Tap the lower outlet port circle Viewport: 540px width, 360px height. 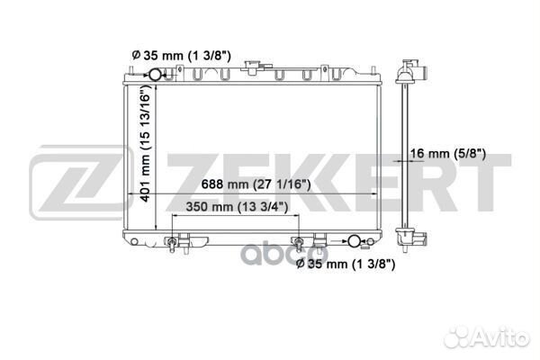(357, 240)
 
